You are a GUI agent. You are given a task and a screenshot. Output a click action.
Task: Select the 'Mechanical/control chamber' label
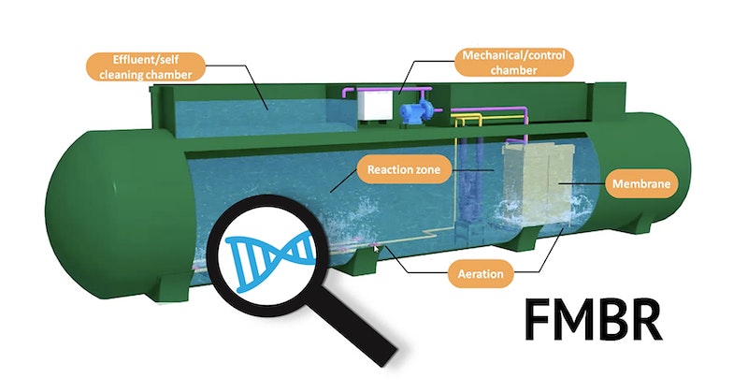[513, 63]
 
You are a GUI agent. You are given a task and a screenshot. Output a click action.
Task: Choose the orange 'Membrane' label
[639, 184]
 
